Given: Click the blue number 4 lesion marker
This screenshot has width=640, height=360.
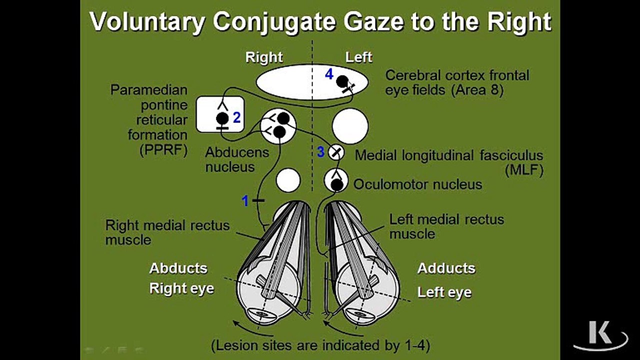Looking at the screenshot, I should pos(328,74).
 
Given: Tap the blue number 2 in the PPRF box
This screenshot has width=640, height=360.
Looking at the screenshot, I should pos(236,117).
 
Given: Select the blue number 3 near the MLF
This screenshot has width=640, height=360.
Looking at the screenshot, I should pos(320,152).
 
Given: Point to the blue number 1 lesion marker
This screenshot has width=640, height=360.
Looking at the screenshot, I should pos(245,201).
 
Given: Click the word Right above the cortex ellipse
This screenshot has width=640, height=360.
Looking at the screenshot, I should pos(264,57).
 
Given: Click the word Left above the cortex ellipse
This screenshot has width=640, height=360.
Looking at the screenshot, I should pos(358,57).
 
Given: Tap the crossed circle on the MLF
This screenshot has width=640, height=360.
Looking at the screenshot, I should pos(336,152).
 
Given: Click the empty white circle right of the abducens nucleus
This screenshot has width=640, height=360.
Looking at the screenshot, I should pos(350,125).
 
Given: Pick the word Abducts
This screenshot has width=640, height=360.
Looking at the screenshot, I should pos(178,268).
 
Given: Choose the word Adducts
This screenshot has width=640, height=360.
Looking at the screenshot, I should pos(446,268).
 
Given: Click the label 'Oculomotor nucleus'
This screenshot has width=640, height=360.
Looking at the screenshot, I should pos(417,184).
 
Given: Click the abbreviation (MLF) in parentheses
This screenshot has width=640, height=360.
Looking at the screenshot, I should pos(523,170).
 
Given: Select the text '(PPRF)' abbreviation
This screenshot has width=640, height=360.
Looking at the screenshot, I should pos(164,150).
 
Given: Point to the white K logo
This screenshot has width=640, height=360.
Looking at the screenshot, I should pos(600,334).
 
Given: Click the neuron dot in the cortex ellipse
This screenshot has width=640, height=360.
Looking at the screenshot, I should pos(342,80).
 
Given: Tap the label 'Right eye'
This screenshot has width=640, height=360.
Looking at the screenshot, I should pos(181,288).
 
